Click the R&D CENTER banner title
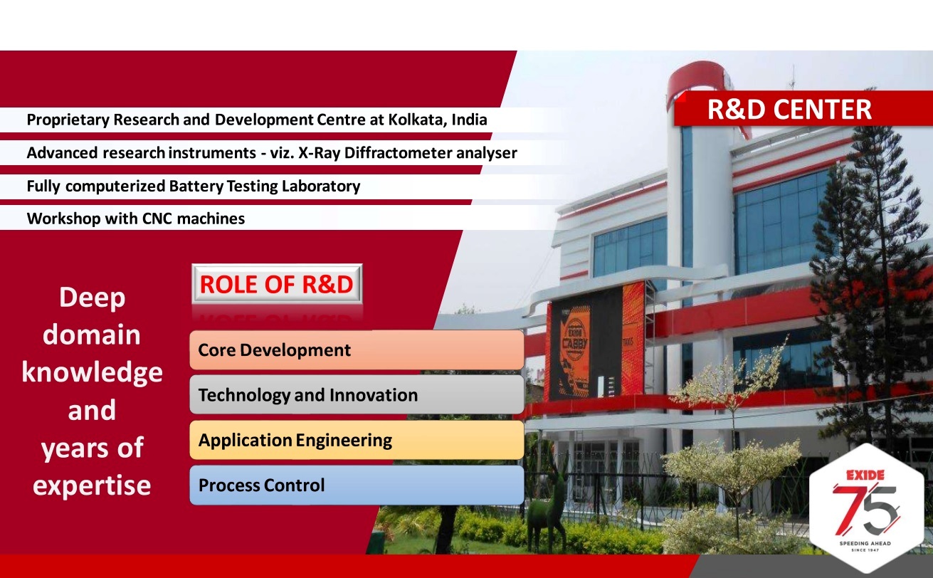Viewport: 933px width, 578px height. (x=789, y=109)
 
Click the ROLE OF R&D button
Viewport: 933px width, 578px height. (x=277, y=284)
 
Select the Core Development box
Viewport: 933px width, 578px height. (x=357, y=350)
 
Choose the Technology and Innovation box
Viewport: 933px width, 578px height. (x=357, y=394)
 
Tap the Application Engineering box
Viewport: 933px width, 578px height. (x=357, y=440)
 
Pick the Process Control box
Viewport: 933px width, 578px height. (x=357, y=485)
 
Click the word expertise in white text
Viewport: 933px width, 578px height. (x=92, y=486)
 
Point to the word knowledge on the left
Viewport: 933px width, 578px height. (x=92, y=372)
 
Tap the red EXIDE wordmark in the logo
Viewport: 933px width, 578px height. (x=865, y=475)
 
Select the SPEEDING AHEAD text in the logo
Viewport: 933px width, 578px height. (x=865, y=543)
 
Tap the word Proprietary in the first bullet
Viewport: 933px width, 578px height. (x=68, y=120)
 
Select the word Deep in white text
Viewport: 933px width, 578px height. (x=92, y=298)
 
